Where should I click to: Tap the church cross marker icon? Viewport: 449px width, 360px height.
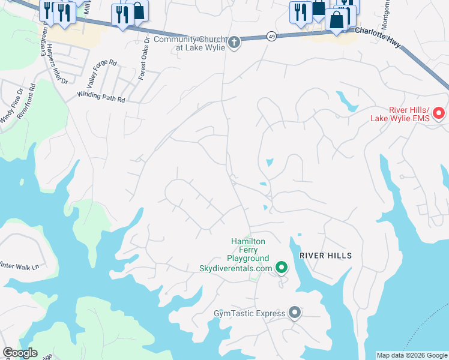(234, 42)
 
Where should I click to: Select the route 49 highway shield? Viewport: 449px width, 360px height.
(272, 37)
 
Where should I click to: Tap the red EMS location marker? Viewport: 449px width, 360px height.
(439, 113)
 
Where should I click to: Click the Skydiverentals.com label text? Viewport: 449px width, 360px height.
(235, 268)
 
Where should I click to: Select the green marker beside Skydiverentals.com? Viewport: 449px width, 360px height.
(280, 267)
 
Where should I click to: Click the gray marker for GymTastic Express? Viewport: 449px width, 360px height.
(295, 312)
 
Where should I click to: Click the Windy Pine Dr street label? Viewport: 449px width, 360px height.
(11, 106)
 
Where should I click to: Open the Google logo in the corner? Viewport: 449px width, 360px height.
(20, 353)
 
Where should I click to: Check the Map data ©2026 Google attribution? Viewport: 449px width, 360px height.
(412, 355)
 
